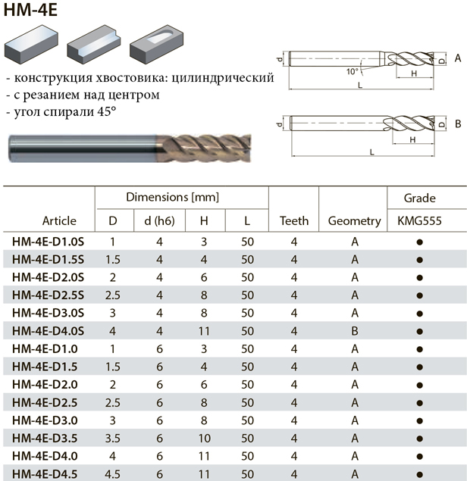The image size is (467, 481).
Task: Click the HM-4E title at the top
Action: point(30,10)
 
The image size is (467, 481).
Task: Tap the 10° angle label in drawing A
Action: point(353,71)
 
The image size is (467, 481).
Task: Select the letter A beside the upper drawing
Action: point(458,58)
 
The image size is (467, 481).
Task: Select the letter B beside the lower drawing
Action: point(458,124)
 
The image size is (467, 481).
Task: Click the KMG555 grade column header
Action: point(419,221)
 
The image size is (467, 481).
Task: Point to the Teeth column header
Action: point(294,221)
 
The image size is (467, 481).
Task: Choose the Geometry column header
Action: point(354,221)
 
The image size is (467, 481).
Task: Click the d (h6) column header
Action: point(159,221)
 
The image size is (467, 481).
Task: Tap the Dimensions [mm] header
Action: point(173,197)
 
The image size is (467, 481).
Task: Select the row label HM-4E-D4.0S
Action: point(48,331)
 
